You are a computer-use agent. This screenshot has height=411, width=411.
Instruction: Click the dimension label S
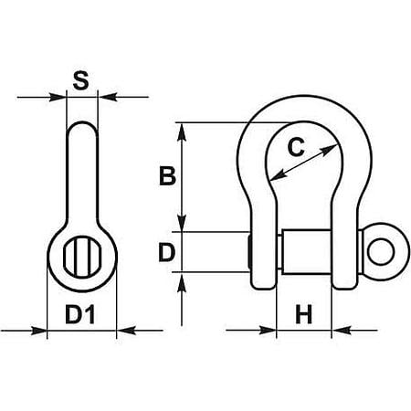tap(81, 80)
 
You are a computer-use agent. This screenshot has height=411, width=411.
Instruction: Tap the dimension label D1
tap(80, 314)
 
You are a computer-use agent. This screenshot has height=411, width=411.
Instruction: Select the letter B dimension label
tap(167, 176)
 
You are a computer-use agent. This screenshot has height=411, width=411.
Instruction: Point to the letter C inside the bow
tap(296, 147)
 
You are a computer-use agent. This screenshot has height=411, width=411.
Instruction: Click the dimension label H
tap(304, 314)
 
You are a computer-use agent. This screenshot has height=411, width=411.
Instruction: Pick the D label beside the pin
tap(167, 253)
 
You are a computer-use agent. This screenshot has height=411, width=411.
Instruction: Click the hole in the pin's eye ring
tap(381, 252)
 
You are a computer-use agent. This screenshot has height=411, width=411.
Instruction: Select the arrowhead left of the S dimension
tap(58, 98)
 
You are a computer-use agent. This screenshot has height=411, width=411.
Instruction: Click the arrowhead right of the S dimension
tap(107, 98)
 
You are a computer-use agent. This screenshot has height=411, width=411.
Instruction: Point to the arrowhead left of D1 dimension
tap(38, 330)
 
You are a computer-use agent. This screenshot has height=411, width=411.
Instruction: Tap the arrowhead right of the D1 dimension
tap(125, 330)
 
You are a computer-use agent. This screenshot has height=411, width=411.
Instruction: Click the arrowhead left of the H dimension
tap(268, 330)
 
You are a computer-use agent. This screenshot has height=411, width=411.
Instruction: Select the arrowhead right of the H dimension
tap(341, 330)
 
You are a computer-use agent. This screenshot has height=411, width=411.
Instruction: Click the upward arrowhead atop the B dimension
tap(182, 132)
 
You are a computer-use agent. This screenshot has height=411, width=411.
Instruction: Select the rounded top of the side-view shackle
tap(82, 124)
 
